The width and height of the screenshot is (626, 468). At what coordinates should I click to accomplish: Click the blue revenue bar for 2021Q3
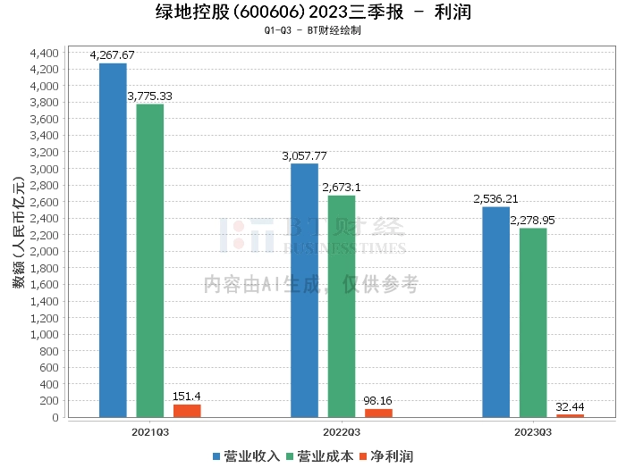(113, 240)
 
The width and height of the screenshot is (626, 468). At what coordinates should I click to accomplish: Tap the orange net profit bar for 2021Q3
(187, 411)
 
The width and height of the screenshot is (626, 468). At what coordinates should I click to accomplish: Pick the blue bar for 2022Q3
(304, 290)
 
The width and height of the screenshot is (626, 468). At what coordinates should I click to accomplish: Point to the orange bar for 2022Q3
(378, 413)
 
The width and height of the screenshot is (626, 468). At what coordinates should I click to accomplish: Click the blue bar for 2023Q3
(495, 312)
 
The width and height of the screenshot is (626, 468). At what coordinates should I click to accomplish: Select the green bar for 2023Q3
(533, 322)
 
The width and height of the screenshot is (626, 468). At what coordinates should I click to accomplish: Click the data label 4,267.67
(113, 55)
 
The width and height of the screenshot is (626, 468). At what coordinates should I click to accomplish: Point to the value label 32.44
(571, 405)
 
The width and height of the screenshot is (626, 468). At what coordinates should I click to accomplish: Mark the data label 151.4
(188, 396)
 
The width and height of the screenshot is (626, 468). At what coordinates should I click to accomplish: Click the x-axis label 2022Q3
(342, 430)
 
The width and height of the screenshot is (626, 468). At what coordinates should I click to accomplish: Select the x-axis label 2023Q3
(533, 430)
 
